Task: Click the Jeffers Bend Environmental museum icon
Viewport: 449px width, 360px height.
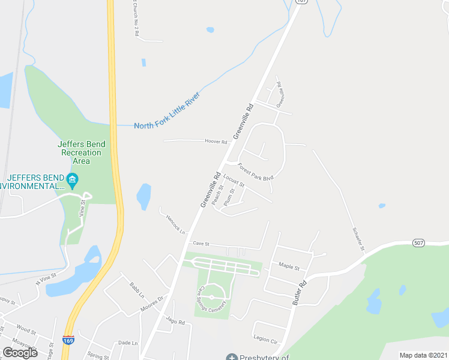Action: coord(72,179)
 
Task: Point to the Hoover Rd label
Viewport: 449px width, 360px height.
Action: coord(216,142)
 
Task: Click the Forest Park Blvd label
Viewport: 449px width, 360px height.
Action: coord(256,172)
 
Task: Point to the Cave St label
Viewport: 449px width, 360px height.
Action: coord(200,244)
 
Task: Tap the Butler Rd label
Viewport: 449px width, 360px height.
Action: coord(300,293)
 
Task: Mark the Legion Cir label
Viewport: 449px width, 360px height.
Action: coord(265,339)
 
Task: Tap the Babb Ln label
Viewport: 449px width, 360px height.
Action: coord(137,290)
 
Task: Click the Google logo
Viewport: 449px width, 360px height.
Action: coord(20,352)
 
